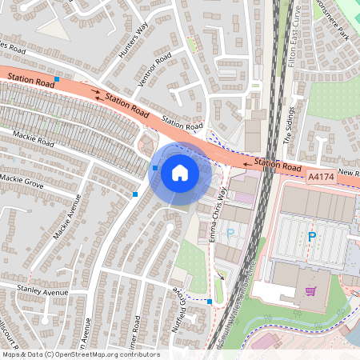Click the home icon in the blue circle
[179, 173]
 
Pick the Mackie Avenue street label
[67, 217]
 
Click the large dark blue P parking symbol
[312, 237]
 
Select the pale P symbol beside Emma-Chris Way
[230, 233]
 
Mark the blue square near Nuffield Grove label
[210, 302]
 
